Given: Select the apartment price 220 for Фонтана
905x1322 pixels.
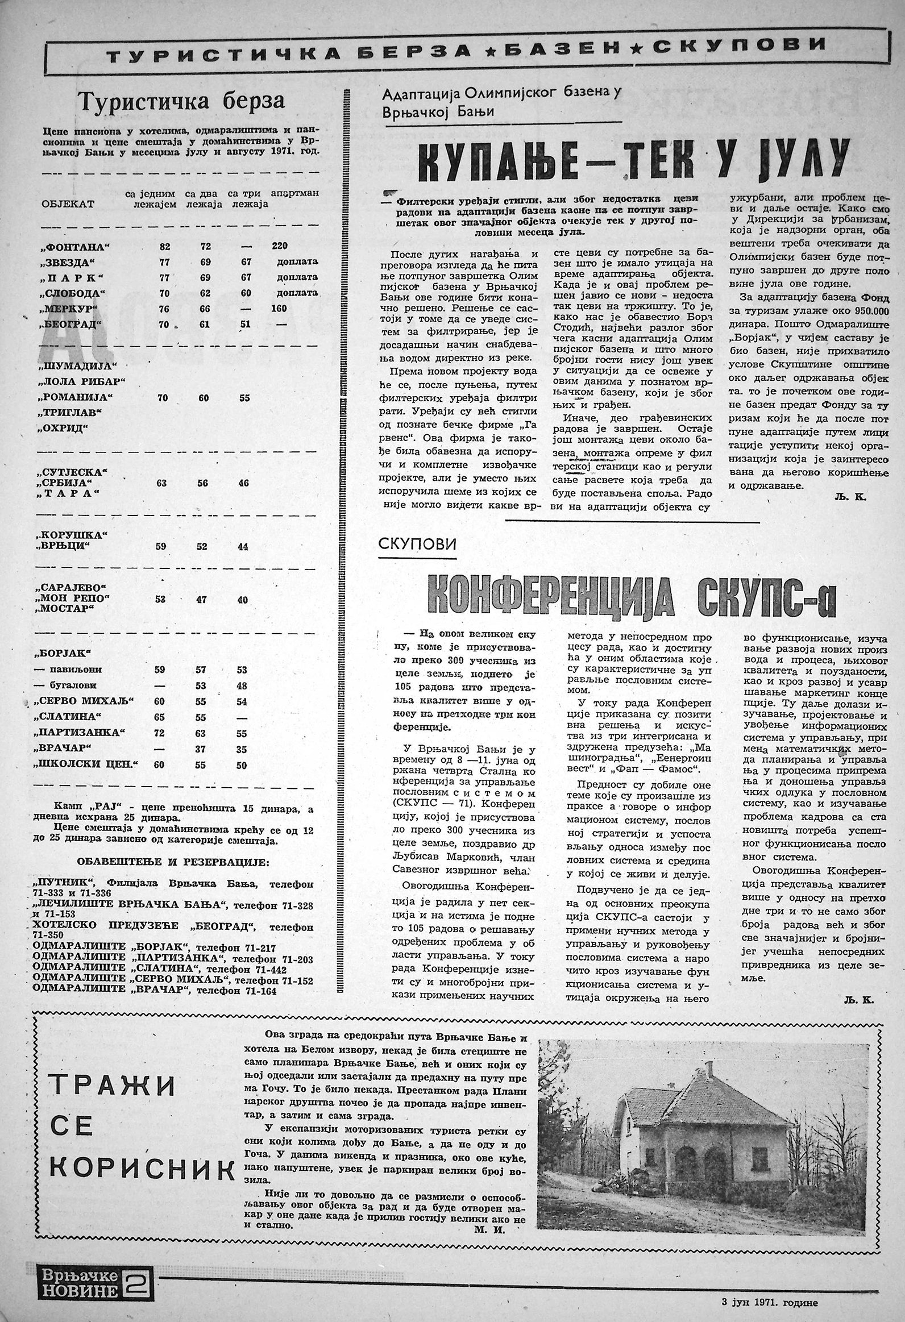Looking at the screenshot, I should pyautogui.click(x=280, y=246).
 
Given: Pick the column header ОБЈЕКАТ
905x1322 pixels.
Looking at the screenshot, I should pyautogui.click(x=68, y=203).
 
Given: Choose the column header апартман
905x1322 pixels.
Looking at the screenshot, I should pyautogui.click(x=294, y=193).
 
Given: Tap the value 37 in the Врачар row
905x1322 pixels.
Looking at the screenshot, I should pyautogui.click(x=200, y=750).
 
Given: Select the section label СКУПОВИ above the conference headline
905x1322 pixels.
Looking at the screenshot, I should pyautogui.click(x=417, y=544).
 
